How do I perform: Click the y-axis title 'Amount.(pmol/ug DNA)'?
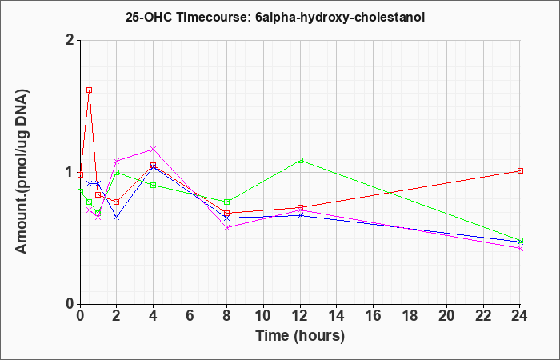click(x=22, y=172)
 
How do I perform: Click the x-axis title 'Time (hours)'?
click(x=300, y=336)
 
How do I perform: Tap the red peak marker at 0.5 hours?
click(x=90, y=90)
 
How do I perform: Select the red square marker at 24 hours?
click(x=520, y=170)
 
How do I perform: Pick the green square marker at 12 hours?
click(x=300, y=160)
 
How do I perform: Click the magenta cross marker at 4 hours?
click(x=154, y=149)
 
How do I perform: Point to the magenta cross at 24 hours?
click(x=520, y=249)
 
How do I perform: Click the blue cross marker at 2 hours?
click(x=117, y=217)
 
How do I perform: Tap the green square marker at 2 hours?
click(x=117, y=172)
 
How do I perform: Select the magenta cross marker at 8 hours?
click(x=226, y=227)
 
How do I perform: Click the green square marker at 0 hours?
click(x=80, y=191)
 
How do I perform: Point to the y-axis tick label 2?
click(x=70, y=40)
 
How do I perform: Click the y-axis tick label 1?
click(x=70, y=173)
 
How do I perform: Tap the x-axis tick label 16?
click(x=374, y=316)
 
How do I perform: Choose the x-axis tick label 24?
click(x=520, y=316)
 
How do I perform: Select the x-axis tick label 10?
click(x=263, y=316)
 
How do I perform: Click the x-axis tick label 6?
click(x=190, y=316)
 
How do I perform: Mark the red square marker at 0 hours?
click(x=80, y=174)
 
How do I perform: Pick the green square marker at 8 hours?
click(x=226, y=202)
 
